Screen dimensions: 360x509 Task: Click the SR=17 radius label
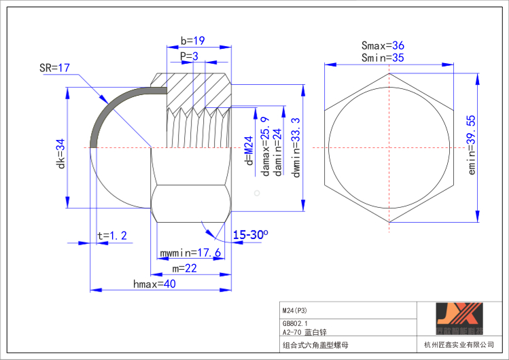(55, 69)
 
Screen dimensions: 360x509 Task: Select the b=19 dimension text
(193, 41)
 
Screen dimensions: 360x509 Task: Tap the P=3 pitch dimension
(190, 56)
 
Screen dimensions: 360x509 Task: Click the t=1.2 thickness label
(112, 236)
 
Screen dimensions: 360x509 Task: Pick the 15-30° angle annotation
(250, 234)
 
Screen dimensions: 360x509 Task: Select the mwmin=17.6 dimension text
(190, 253)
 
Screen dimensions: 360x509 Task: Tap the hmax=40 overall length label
(154, 285)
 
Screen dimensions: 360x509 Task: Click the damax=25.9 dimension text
(265, 146)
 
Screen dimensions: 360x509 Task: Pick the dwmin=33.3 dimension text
(296, 147)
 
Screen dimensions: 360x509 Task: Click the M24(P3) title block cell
(294, 310)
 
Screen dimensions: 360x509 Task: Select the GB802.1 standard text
(295, 323)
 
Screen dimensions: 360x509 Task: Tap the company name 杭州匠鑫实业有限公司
(459, 345)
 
